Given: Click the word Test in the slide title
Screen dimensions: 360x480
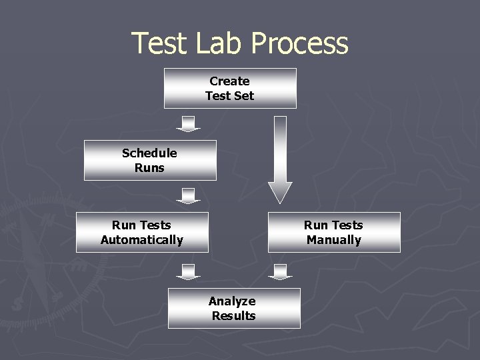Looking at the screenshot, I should click(x=161, y=44).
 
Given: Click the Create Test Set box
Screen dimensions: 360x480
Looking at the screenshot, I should click(x=230, y=88).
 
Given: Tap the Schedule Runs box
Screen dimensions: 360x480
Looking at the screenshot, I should click(x=150, y=160).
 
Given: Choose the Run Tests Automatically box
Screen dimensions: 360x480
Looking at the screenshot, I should click(x=142, y=232).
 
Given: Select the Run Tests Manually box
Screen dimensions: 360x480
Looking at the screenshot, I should click(x=334, y=232).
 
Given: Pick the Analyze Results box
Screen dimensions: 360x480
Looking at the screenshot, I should click(x=234, y=308).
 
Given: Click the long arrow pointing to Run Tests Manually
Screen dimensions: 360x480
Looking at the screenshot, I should click(x=280, y=160).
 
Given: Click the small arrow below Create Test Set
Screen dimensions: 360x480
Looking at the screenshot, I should click(x=188, y=124).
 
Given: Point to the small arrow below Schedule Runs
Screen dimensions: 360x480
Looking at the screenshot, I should click(x=188, y=196).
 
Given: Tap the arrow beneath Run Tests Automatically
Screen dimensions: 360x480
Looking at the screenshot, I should click(x=188, y=272).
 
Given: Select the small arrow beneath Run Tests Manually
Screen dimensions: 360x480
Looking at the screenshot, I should click(x=280, y=272).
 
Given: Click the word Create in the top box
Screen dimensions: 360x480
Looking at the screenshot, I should click(x=229, y=81).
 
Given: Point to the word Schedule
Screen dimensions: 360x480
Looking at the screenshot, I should click(x=149, y=153).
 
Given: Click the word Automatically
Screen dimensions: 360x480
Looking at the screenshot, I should click(x=142, y=240).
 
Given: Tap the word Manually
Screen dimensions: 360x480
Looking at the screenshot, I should click(x=334, y=240).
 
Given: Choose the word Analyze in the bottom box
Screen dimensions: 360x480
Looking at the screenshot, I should click(x=232, y=301).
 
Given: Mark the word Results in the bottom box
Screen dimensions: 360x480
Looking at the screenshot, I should click(x=234, y=316).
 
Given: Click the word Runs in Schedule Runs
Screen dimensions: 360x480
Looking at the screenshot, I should click(x=149, y=168).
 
